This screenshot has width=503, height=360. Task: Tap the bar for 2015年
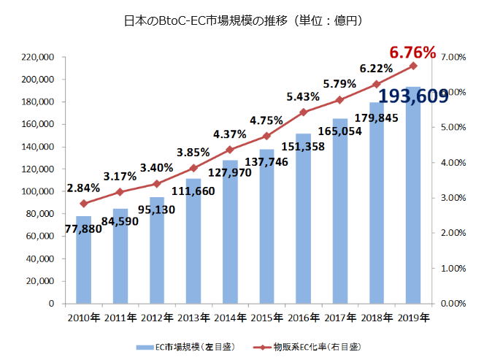[x=266, y=226]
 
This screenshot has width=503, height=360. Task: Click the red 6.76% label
[x=412, y=53]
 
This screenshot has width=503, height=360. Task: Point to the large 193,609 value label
[x=413, y=96]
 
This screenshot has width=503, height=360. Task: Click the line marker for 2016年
[x=304, y=112]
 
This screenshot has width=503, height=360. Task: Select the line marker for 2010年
[x=84, y=203]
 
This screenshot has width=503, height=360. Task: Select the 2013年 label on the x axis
[x=193, y=318]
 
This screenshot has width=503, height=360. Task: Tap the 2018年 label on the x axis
[x=377, y=318]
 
